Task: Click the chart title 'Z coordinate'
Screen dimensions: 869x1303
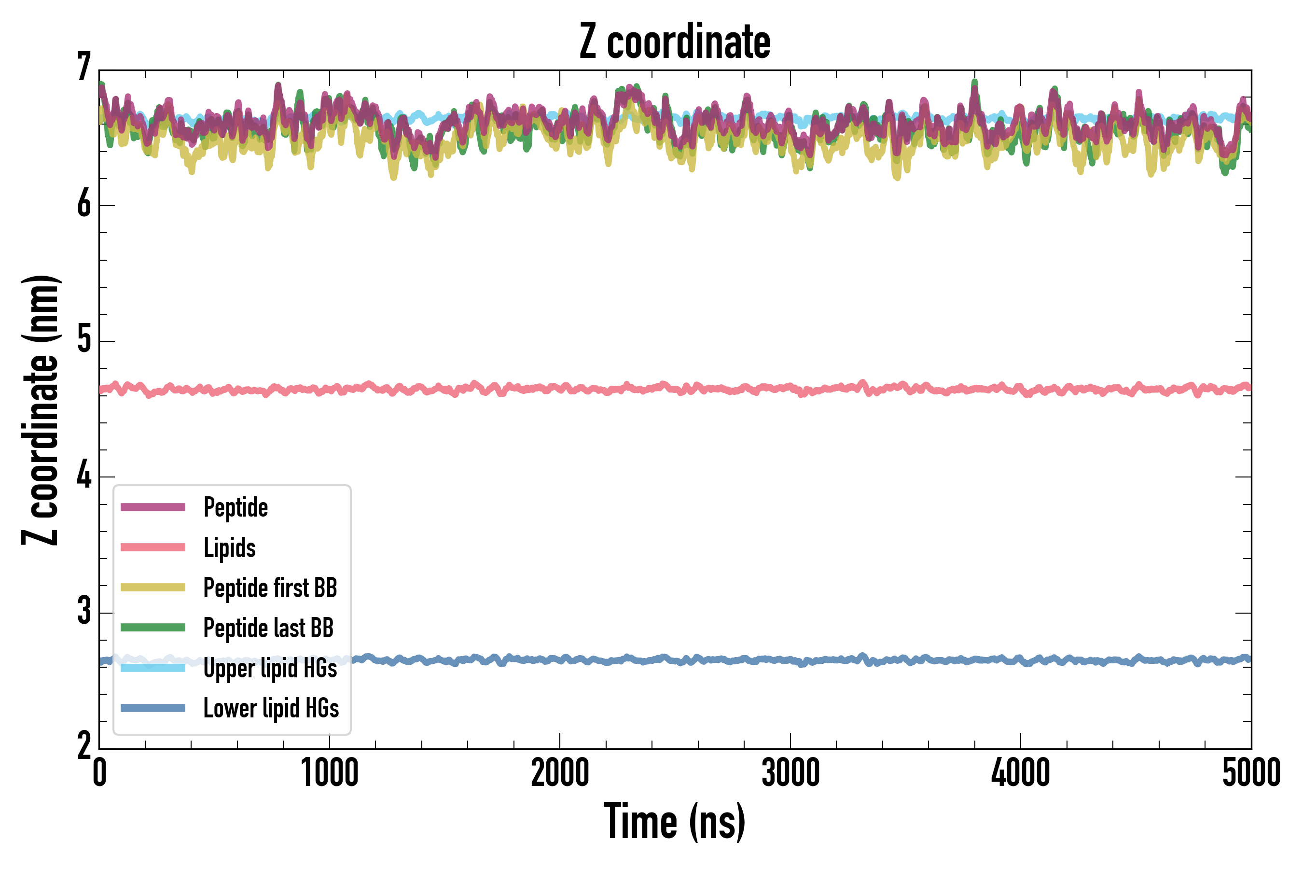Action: tap(674, 42)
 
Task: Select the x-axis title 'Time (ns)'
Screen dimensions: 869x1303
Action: tap(674, 821)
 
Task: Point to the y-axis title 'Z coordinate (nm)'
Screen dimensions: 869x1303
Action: tap(40, 410)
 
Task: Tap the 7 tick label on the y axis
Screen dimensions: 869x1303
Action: tap(84, 68)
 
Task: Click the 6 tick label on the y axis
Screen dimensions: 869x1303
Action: tap(84, 205)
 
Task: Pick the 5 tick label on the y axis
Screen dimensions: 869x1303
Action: tap(84, 340)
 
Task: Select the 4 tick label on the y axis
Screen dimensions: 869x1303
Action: tap(84, 476)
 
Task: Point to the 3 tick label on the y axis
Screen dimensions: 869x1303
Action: tap(84, 612)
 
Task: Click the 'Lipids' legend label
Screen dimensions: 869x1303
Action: tap(229, 547)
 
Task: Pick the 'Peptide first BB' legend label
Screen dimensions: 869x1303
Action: tap(270, 588)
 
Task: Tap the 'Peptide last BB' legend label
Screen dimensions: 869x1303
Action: tap(268, 628)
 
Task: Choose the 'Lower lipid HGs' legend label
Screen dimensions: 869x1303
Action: tap(271, 708)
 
